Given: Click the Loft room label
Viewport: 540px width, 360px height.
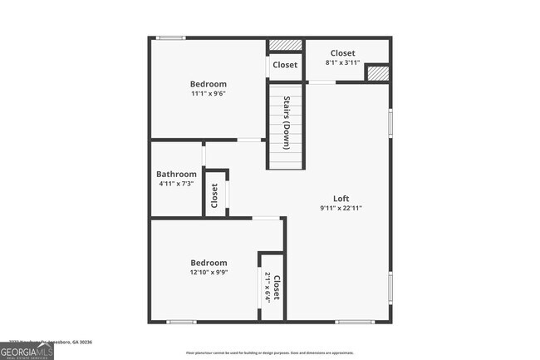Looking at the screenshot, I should pos(341,198).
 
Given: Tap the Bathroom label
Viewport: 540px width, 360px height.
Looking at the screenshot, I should pos(176,175).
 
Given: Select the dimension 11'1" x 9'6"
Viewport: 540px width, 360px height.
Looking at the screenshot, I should pos(208,94).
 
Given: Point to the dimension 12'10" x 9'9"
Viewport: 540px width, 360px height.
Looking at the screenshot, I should pos(208,272).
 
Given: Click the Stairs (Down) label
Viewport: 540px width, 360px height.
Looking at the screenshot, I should pos(287,124).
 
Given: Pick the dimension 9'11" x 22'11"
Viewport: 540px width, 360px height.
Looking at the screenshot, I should pos(341,209).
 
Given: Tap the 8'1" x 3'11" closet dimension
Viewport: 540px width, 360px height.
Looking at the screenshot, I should pos(342,62).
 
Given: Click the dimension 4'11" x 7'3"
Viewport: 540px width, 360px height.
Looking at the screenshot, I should pos(176,184).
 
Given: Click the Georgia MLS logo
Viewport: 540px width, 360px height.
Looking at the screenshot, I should pos(27,353).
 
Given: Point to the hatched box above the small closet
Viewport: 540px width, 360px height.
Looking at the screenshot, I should pos(285,45).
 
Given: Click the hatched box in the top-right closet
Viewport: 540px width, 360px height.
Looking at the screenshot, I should pos(377,73).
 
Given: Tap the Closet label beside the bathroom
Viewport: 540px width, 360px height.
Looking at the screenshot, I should pos(214,195).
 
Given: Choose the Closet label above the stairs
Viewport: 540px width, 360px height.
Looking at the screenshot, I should pos(285,65).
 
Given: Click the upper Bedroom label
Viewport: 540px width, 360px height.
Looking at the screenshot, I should pos(208,84).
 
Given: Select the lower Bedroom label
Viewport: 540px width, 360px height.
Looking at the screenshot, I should pos(208,263).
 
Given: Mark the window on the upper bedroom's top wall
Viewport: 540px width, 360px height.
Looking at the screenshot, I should pos(172,37).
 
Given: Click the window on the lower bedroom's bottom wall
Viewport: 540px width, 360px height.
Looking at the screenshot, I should pos(181,322).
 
